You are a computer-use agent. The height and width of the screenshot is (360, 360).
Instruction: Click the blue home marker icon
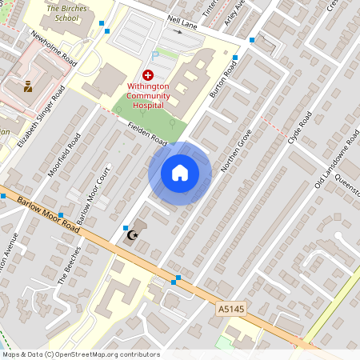tap(180, 173)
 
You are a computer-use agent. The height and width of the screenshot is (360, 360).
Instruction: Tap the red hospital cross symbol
tap(147, 74)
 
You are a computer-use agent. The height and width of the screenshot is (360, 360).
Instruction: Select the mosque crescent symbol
tap(133, 236)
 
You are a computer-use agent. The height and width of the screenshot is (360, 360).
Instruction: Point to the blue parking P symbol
tap(154, 55)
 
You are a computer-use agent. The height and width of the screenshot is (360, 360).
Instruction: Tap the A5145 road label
tap(230, 306)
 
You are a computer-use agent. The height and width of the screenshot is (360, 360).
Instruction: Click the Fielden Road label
tap(147, 134)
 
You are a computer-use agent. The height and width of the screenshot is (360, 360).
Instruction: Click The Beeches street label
tap(70, 266)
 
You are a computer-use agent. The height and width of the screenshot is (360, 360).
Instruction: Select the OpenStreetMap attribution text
tap(80, 354)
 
